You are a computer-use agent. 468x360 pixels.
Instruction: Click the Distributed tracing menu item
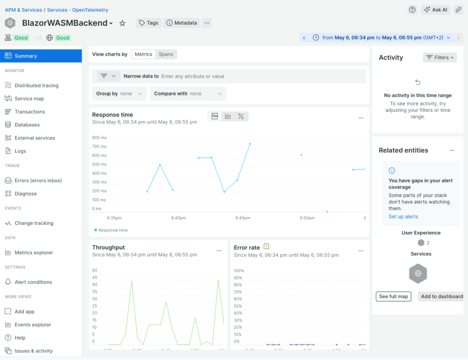(x=36, y=85)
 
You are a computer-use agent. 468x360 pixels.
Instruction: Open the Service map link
(x=29, y=98)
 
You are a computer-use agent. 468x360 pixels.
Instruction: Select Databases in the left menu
(x=27, y=125)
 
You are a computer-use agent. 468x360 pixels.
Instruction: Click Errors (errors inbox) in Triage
(x=38, y=180)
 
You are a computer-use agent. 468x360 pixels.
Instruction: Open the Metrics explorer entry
(x=33, y=252)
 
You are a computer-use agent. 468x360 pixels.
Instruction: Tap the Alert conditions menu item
(x=33, y=282)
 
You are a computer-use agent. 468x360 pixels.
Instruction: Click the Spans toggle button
(x=166, y=54)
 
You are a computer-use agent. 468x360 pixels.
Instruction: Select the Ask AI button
(x=435, y=9)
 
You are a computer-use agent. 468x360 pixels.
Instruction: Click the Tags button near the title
(x=149, y=23)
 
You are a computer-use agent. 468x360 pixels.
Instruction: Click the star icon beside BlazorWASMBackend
(x=122, y=23)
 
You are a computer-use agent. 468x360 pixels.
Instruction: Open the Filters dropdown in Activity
(x=440, y=57)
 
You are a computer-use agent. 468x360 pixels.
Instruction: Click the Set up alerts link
(x=404, y=217)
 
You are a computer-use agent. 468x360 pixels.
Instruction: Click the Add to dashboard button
(x=442, y=296)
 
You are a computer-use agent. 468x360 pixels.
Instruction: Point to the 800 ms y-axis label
(x=99, y=138)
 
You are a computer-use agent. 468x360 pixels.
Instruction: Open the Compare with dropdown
(x=188, y=94)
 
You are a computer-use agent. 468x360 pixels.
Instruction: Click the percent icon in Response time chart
(x=240, y=116)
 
